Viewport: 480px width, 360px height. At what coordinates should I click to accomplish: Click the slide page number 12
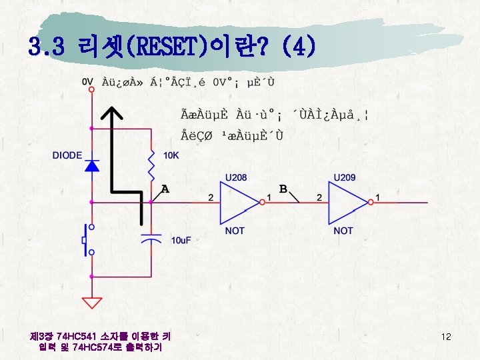click(447, 337)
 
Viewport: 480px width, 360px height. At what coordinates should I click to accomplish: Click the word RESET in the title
click(163, 47)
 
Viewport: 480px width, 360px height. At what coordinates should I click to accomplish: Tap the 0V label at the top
click(87, 81)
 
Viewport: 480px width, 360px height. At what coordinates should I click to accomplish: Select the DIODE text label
click(67, 155)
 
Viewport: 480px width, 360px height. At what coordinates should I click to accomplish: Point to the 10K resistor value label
click(171, 155)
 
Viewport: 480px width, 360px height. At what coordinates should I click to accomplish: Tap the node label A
click(165, 189)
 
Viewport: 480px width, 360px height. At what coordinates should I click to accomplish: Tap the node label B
click(283, 189)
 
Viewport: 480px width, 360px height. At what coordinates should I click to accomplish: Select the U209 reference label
click(344, 178)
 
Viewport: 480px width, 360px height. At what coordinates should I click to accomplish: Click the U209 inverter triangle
click(349, 203)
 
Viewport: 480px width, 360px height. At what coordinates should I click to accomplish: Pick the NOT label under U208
click(235, 230)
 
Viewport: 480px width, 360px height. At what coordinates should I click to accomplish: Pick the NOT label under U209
click(343, 230)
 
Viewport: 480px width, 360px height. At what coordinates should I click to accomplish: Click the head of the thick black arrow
click(115, 121)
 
